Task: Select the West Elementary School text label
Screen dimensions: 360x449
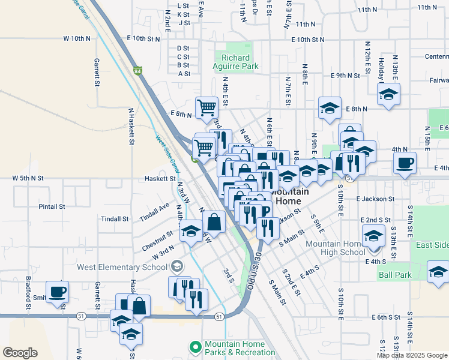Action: [122, 267]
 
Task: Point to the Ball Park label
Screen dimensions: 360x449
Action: [394, 275]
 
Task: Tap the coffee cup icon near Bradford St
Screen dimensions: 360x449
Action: [58, 292]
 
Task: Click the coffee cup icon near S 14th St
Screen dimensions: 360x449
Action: [404, 162]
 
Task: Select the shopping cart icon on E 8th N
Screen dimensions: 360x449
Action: [206, 108]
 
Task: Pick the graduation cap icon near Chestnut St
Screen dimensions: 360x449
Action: [191, 231]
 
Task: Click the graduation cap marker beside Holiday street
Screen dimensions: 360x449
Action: [388, 94]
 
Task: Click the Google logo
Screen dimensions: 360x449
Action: [20, 353]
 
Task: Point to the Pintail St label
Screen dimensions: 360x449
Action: [52, 206]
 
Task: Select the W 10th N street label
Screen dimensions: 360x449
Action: [77, 38]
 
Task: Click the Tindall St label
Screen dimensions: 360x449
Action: [115, 219]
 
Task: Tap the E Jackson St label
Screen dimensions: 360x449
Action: [375, 199]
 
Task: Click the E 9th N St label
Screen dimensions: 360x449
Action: [345, 76]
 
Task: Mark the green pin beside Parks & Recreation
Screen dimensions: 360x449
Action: [195, 347]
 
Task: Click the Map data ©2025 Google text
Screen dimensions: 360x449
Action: [411, 355]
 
